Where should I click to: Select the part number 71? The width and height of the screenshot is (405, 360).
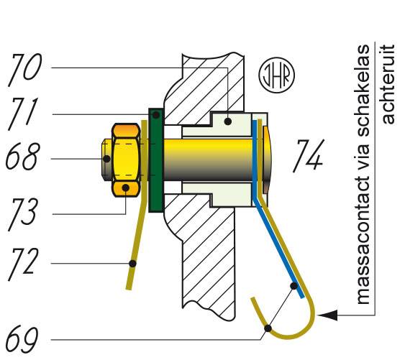point(23,114)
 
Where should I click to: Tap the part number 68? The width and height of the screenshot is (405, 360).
point(23,157)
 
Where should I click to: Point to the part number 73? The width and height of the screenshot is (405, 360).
point(23,214)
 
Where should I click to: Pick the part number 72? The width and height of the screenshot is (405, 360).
point(23,264)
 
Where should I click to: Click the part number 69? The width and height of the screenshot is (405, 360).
point(22,339)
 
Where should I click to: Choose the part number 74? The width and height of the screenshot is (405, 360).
point(309,156)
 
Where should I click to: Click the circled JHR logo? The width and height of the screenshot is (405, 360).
point(277,75)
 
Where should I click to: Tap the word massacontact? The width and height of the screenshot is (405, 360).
point(363,240)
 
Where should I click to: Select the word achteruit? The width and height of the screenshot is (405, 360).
point(388,84)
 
